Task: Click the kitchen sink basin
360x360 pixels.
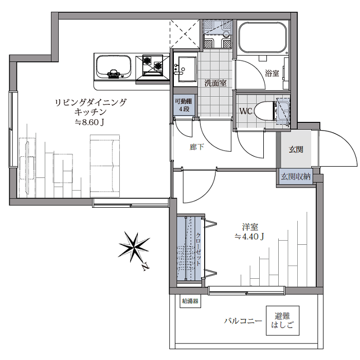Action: (113, 67)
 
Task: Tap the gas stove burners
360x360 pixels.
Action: (152, 64)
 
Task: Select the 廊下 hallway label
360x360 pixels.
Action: (196, 148)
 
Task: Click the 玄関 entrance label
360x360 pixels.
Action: (296, 150)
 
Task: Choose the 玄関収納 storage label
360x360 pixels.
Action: (296, 176)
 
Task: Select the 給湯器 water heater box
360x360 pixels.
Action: (190, 301)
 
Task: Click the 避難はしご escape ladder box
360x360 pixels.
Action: (282, 320)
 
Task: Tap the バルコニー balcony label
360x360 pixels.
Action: (243, 321)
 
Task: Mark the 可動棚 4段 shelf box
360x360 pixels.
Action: (184, 106)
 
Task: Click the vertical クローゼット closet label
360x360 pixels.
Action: (198, 249)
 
